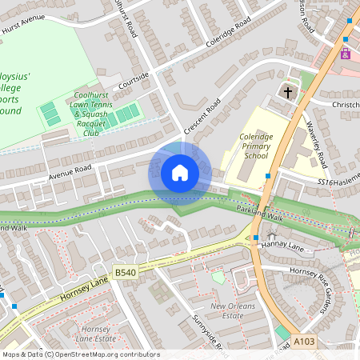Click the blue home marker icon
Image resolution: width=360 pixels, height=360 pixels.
coord(180,173)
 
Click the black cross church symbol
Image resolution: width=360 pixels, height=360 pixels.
coord(288,92)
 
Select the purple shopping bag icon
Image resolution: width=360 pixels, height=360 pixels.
coord(345,54)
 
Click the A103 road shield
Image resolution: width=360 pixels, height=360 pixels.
coord(303,342)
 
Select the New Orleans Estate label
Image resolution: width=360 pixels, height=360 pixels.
coord(234,311)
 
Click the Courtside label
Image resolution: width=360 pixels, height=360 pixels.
coord(134,81)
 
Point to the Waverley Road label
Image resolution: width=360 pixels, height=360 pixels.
coord(318,144)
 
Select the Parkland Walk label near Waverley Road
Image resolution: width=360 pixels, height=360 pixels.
coord(260,209)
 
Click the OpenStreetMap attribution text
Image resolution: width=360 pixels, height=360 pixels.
coord(80,354)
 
